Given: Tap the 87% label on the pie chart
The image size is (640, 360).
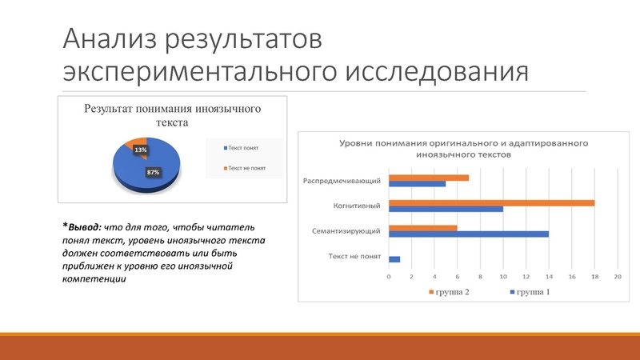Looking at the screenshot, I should [x=152, y=172].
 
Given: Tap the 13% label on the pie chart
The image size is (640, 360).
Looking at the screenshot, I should [x=141, y=150].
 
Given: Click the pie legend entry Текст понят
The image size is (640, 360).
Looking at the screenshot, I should [x=242, y=147].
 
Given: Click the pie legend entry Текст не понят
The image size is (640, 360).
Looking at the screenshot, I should [x=246, y=168].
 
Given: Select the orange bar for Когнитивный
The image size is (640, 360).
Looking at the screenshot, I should [x=491, y=203].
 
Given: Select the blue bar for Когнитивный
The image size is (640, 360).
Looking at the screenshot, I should [x=446, y=210].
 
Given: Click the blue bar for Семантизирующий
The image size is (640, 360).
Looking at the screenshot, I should [x=468, y=234].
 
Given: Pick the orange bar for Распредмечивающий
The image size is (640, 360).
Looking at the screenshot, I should [x=428, y=178].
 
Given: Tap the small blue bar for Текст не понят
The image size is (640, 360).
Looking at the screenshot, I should [x=394, y=259].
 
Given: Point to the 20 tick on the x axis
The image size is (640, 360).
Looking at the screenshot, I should [x=618, y=277].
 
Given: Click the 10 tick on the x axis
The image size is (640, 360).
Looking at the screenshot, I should [x=503, y=277].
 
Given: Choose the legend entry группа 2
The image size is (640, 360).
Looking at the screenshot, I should [x=450, y=292].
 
